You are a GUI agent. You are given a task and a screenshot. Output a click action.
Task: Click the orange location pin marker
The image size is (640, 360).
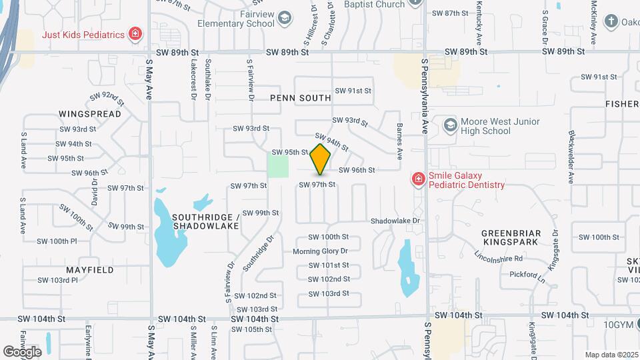click(x=321, y=159)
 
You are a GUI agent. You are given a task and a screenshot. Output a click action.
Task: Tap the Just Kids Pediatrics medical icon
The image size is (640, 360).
click(x=135, y=34)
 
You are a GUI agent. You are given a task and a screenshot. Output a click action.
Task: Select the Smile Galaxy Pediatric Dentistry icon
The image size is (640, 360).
click(x=418, y=179)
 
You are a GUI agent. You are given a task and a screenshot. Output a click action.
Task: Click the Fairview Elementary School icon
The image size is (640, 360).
click(x=285, y=17)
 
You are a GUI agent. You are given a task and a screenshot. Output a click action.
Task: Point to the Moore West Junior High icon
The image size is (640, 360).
click(x=451, y=125)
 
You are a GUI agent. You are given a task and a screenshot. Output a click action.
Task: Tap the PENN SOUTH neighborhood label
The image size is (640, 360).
click(x=301, y=98)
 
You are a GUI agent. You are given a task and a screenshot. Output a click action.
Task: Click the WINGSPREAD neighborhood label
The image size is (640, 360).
click(x=90, y=114)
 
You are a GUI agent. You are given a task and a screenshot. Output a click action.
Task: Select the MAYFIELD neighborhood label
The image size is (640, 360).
click(x=90, y=270)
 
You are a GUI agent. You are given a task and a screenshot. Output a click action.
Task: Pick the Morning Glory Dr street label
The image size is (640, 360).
click(x=321, y=251)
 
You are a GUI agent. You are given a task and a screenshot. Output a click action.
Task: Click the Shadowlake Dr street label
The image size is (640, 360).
click(x=396, y=221)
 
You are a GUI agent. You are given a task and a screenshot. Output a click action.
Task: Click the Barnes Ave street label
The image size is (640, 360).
click(x=399, y=141)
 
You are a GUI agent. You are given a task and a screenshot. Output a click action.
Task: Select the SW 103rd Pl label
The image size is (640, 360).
click(x=57, y=280)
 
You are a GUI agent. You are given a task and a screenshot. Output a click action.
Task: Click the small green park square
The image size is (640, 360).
click(x=279, y=165)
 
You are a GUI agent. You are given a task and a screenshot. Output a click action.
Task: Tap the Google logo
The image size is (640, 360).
click(x=22, y=351)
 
